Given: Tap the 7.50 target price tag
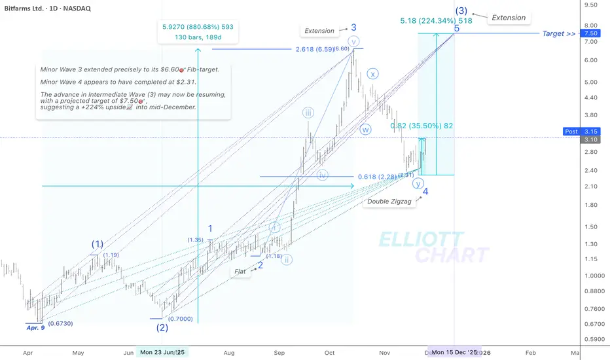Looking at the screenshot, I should tap(589, 33).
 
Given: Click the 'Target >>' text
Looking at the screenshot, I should tap(558, 33).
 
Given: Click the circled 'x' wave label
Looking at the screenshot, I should tap(373, 73).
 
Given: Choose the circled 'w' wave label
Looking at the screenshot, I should tap(366, 129).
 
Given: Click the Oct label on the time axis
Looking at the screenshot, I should tap(329, 351).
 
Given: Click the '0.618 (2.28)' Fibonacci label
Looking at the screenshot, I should tap(379, 176).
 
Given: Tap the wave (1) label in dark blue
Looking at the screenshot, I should tap(97, 244).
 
